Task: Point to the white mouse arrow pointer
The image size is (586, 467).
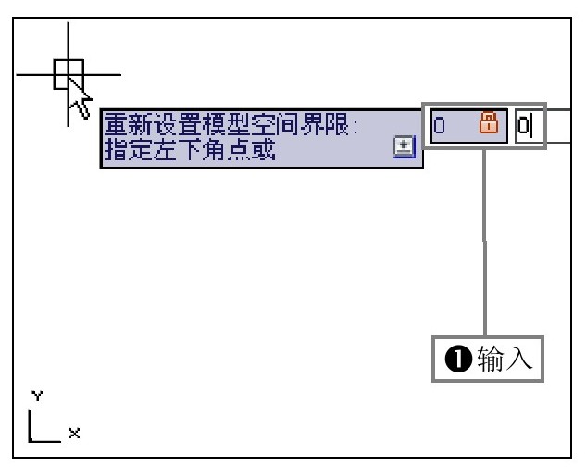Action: [80, 98]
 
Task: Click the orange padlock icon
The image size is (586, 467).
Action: [489, 122]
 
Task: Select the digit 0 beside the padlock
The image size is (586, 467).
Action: [439, 125]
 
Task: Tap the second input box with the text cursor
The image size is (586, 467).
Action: [530, 126]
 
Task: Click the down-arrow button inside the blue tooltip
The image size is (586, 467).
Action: [405, 146]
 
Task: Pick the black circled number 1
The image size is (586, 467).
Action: [458, 359]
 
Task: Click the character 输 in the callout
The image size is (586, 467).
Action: [491, 359]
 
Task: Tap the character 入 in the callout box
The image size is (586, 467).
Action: [519, 359]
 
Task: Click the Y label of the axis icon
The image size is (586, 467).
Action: [37, 396]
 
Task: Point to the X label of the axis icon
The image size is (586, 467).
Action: [74, 434]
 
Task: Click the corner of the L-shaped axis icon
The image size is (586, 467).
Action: [30, 442]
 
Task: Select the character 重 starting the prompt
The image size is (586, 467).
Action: [116, 124]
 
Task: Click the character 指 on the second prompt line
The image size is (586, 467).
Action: [116, 150]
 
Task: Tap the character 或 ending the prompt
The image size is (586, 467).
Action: [263, 150]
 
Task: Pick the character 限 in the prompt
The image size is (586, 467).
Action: [337, 124]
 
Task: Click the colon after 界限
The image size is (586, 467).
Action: [355, 126]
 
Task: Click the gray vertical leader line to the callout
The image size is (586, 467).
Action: [485, 243]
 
